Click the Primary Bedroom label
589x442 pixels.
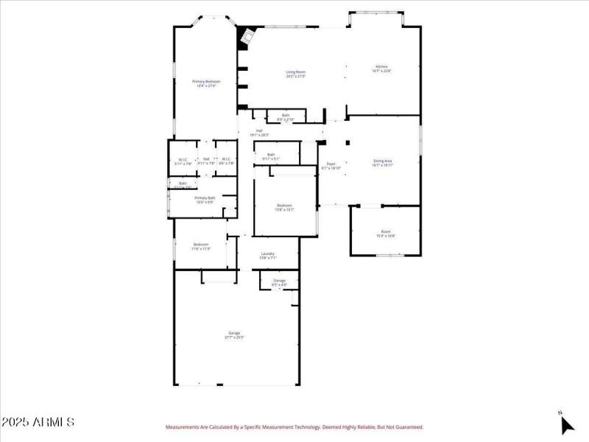point(206,82)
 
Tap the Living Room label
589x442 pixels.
point(295,72)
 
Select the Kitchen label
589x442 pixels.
point(382,67)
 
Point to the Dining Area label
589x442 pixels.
point(382,161)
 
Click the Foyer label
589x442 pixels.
point(331,164)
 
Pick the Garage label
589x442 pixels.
point(234,334)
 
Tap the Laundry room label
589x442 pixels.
point(268,254)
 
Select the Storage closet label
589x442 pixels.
point(279,281)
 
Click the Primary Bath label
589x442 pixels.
point(205,197)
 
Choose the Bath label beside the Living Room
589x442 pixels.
point(285,115)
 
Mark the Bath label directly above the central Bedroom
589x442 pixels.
point(271,155)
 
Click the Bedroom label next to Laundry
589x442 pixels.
point(201,245)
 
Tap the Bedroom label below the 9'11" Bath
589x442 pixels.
point(284,206)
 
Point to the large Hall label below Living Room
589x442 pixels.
point(259,131)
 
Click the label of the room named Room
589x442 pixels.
point(386,231)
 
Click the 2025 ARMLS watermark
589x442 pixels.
point(38,422)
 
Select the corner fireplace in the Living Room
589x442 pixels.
point(247,37)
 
